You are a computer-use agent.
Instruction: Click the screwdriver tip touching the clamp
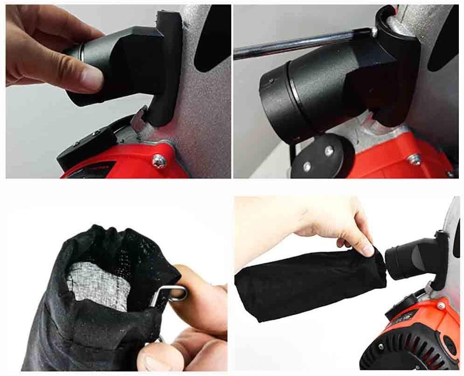click(x=373, y=32)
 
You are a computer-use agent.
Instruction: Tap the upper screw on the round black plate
click(x=329, y=150)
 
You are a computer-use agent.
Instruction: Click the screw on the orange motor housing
click(x=440, y=306)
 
